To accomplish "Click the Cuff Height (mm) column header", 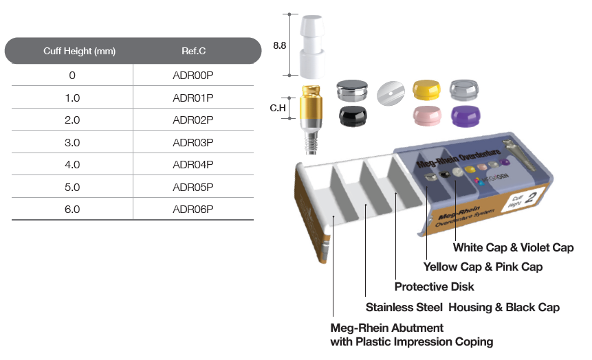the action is click(x=79, y=51).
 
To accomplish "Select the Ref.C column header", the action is click(x=193, y=51).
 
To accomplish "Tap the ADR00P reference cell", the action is click(x=193, y=76).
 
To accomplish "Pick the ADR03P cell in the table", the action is click(x=193, y=143).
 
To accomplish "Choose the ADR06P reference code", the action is click(x=193, y=210).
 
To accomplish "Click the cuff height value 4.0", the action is click(x=72, y=165).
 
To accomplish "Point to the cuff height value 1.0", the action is click(x=72, y=98).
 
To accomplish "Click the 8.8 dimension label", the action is click(x=279, y=45).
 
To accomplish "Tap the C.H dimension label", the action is click(x=278, y=109).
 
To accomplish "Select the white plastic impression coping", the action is click(x=312, y=47).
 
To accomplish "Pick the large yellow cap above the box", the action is click(x=426, y=90).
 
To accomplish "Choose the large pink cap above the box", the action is click(x=427, y=115).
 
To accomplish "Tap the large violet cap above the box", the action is click(x=465, y=116).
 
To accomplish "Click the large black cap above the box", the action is click(x=353, y=115).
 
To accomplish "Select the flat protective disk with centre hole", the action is click(x=391, y=93).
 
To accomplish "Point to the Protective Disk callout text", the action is click(x=434, y=286).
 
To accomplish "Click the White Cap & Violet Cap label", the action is click(x=514, y=247).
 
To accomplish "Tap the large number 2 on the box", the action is click(x=531, y=197).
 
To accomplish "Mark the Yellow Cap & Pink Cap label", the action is click(x=483, y=267).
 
